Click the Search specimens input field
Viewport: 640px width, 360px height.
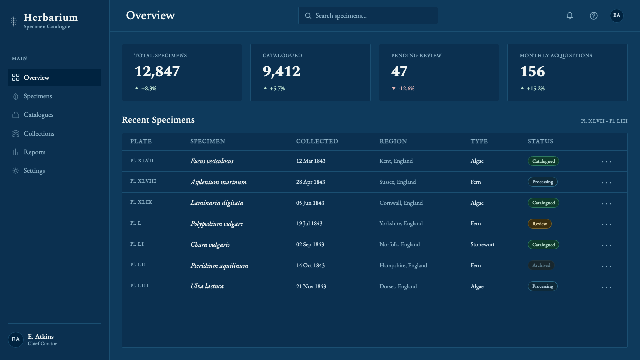coord(368,15)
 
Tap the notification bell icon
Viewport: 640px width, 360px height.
coord(570,16)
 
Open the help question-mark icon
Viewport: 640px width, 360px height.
coord(594,16)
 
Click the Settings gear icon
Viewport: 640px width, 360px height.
coord(16,171)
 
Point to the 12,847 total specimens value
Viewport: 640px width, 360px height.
coord(157,71)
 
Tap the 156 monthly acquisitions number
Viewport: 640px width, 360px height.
coord(532,71)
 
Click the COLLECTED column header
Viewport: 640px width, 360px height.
coord(317,141)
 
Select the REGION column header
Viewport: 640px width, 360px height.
coord(393,141)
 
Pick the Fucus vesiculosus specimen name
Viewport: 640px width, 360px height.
coord(212,161)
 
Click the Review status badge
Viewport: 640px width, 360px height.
coord(539,224)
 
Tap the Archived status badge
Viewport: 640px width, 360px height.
coord(541,265)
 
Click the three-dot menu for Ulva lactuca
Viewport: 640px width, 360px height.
coord(606,287)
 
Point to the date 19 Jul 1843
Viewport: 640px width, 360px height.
coord(309,223)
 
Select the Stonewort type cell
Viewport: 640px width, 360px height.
coord(482,244)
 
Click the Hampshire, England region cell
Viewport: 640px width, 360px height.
coord(403,265)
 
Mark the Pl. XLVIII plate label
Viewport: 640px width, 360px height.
coord(143,181)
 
